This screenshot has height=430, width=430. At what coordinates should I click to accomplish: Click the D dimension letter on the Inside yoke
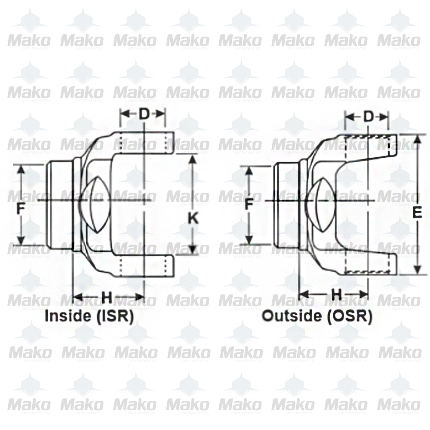pos(143,114)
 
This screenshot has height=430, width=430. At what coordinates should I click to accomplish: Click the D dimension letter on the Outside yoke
pos(369,117)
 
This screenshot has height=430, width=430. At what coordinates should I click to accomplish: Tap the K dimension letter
pos(193,218)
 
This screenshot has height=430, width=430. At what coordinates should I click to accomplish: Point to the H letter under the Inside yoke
pos(107,296)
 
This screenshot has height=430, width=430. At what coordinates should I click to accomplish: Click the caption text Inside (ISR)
pos(89,316)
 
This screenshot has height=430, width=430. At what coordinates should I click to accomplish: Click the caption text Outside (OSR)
pos(317,316)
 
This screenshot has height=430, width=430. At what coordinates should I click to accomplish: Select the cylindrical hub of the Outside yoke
pos(287,205)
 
